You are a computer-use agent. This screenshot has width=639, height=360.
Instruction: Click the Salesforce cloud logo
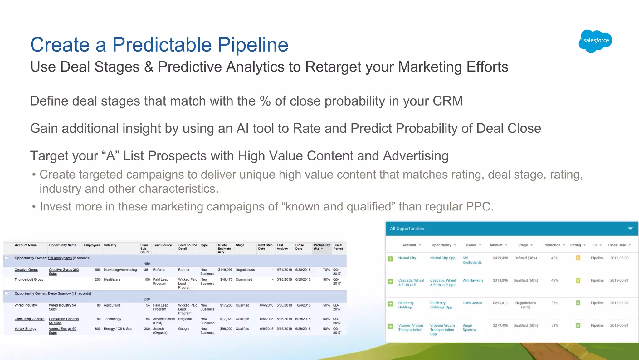tap(595, 41)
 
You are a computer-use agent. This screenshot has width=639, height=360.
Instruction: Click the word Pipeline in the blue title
tap(253, 45)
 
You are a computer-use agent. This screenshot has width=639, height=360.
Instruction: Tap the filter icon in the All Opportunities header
tap(630, 229)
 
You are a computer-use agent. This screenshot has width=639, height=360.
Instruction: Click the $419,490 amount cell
tap(500, 258)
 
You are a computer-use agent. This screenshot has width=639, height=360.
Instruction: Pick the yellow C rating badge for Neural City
tap(578, 258)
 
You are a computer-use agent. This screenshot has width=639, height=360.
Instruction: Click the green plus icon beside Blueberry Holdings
tap(390, 304)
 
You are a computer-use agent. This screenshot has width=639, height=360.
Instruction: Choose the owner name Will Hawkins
tap(473, 280)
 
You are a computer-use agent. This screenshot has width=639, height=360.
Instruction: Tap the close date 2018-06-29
tap(619, 303)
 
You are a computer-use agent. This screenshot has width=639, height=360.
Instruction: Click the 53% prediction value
tap(554, 325)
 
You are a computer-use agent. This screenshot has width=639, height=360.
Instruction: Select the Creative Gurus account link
tap(26, 270)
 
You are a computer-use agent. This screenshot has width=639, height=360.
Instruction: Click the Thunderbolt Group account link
tap(29, 279)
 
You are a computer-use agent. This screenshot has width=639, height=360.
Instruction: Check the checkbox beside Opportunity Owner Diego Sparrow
tap(6, 293)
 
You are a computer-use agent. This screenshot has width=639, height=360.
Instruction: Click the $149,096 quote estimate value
tap(225, 270)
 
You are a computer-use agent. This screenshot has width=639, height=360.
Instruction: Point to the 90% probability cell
tap(326, 279)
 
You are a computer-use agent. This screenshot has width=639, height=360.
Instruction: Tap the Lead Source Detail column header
tap(187, 247)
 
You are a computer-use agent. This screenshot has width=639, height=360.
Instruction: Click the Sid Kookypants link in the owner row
tap(60, 258)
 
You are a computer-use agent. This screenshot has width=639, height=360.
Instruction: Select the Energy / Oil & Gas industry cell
tap(118, 329)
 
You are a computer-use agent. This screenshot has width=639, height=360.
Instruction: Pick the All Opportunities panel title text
tap(407, 229)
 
